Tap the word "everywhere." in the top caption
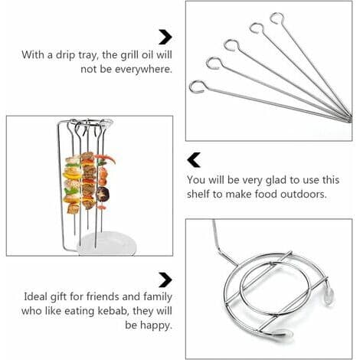click(143, 69)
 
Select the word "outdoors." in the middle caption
click(303, 194)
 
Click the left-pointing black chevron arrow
click(194, 160)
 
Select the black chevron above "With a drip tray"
click(165, 38)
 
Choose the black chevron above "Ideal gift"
click(165, 280)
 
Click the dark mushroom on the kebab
click(103, 194)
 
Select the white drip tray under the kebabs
click(106, 244)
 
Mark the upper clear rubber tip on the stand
click(329, 297)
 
